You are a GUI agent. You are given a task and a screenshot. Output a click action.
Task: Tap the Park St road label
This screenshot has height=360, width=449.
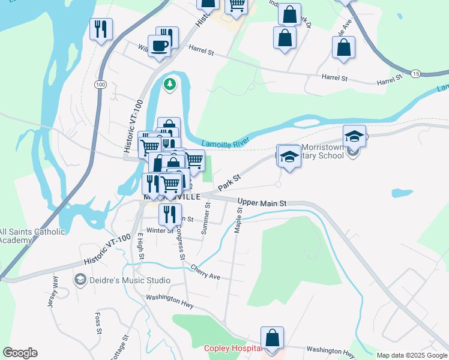[x=229, y=182]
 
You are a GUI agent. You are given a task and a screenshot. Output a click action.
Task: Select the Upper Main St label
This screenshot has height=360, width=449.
[x=262, y=203]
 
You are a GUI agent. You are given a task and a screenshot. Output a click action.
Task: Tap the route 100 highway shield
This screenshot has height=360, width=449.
[x=100, y=85]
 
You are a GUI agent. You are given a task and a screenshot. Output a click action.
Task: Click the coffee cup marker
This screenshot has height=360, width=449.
[x=159, y=46]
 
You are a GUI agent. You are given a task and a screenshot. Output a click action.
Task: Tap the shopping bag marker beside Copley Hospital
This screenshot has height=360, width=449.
[x=273, y=338]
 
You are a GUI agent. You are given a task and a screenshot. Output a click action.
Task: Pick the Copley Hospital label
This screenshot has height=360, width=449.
[x=232, y=348]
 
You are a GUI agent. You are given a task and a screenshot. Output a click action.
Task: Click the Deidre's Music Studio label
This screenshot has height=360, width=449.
[x=130, y=280]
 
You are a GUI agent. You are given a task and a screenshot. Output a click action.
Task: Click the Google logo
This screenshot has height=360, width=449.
[x=20, y=353]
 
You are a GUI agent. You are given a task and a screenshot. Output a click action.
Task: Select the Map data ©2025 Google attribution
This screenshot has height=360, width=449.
[x=411, y=355]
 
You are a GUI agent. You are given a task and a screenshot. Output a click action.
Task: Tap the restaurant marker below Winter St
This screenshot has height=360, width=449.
[x=170, y=213]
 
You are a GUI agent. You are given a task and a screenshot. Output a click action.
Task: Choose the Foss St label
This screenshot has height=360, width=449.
[x=97, y=323]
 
